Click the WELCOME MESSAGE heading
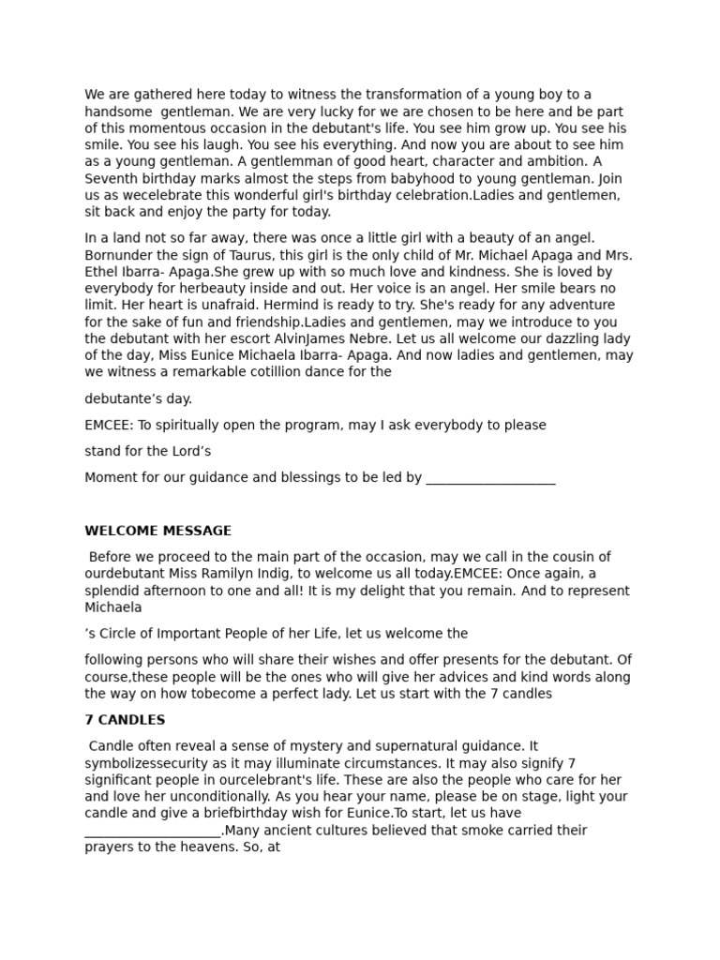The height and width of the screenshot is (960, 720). pos(157,531)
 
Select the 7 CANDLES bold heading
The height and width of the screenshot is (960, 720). pos(125,720)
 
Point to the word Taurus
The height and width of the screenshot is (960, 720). pos(224,255)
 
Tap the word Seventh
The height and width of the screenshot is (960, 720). pos(113,178)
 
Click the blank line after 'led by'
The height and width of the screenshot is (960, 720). pos(490,478)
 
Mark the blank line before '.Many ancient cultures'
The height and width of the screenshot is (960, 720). pos(153,831)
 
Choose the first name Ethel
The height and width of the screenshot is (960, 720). pos(104,272)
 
